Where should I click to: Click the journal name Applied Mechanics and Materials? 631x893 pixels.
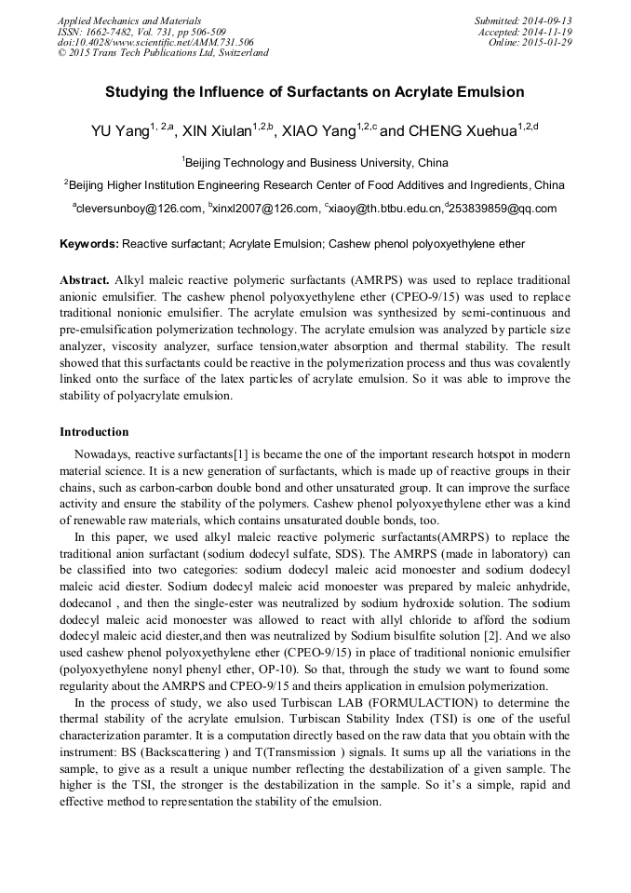128,20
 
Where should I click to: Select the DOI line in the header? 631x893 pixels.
155,43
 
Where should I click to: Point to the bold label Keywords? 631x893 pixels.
89,244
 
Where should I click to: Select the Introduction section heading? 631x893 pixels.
94,432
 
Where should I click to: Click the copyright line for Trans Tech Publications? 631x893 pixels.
163,53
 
